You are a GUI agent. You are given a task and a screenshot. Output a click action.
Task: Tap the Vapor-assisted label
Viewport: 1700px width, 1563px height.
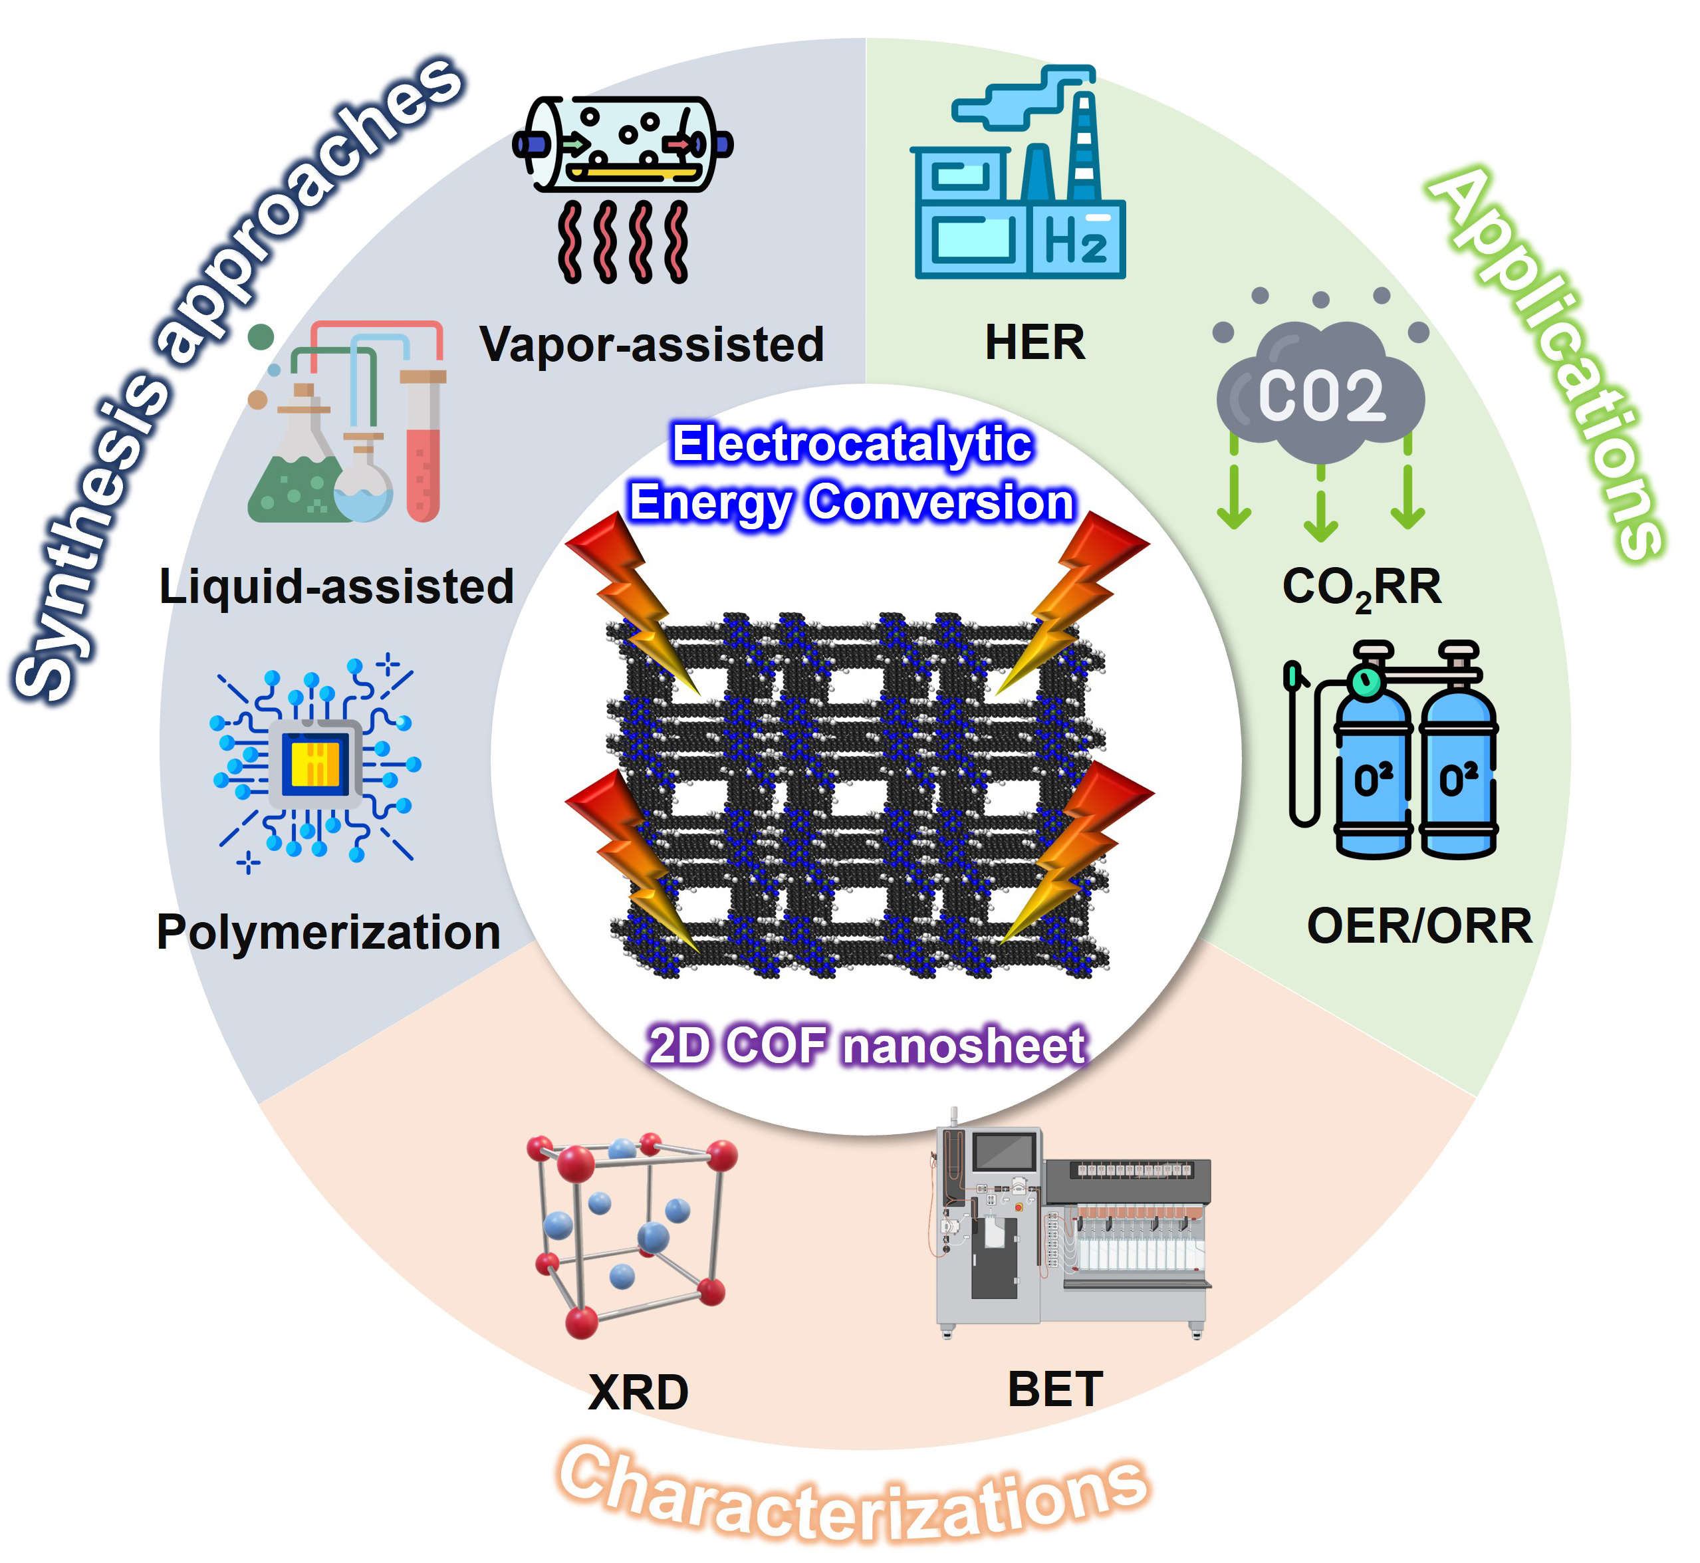pos(652,344)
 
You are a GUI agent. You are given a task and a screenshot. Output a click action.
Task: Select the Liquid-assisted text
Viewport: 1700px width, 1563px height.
pos(336,586)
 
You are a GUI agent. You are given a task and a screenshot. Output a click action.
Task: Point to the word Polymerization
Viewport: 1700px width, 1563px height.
pos(328,932)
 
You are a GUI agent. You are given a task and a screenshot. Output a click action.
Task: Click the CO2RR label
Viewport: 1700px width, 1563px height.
pos(1361,587)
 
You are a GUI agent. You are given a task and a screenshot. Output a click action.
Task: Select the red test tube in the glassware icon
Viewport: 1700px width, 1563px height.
pos(423,448)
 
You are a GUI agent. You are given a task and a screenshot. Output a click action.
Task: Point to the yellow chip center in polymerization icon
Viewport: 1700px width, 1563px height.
pos(314,763)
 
